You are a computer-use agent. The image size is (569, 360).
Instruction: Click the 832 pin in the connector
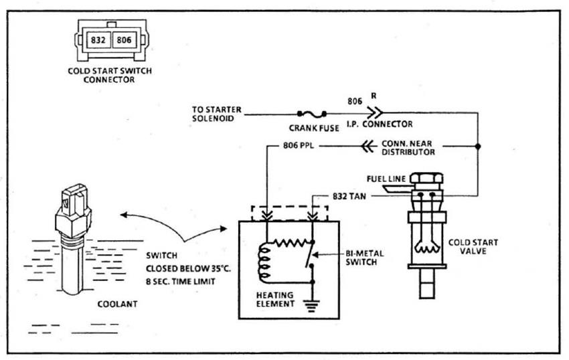coord(98,39)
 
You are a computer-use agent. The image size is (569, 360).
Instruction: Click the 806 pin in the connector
coord(124,39)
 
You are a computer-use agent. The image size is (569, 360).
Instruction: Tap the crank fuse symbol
coord(312,114)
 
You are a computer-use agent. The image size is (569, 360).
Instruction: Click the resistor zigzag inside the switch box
coord(291,242)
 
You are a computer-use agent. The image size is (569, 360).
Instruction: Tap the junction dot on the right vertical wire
coord(478,147)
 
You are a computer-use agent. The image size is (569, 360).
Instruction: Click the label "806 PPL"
coord(299,145)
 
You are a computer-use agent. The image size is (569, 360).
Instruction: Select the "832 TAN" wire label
coord(349,196)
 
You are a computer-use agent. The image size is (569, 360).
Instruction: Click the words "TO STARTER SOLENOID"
coord(217,114)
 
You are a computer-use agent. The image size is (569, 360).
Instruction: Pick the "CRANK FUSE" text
coord(314,128)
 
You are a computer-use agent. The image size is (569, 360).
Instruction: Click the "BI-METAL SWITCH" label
coord(364,258)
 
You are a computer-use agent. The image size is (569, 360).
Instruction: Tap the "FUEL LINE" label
coord(386,179)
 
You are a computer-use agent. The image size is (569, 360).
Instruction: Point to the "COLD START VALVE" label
coord(473,246)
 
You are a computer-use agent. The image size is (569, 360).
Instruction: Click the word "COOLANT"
coord(117,304)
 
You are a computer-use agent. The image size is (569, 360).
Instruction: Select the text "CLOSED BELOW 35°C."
coord(188,269)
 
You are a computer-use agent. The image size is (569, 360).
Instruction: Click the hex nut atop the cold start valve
coord(427,178)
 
